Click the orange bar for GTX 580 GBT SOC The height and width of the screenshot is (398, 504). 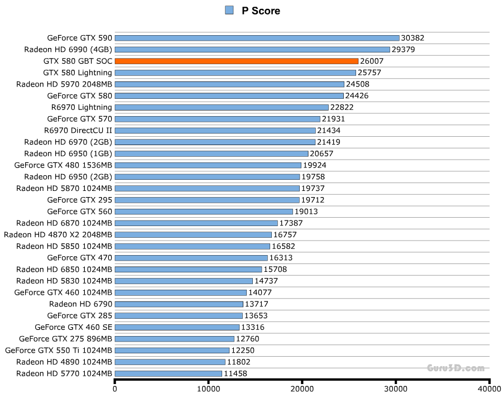click(236, 61)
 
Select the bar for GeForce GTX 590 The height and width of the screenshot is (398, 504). click(257, 38)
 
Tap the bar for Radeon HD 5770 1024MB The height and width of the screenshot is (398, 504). click(168, 373)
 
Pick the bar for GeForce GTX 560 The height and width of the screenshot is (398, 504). click(204, 212)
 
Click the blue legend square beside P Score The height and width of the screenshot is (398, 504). click(229, 10)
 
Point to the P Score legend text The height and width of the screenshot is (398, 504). click(261, 11)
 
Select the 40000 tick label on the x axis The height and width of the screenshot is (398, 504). click(489, 389)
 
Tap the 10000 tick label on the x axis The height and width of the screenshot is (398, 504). click(208, 389)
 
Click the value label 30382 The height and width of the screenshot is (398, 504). click(413, 38)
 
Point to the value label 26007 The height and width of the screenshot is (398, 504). click(372, 61)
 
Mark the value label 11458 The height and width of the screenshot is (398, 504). click(236, 373)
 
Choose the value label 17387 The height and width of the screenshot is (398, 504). click(291, 223)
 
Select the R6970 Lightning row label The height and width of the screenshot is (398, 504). click(81, 107)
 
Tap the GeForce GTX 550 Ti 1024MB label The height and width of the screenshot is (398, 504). click(59, 351)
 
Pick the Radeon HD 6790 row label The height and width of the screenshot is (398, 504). click(80, 304)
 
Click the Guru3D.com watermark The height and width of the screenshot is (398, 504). click(455, 368)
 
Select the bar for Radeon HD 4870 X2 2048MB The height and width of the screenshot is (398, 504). click(193, 235)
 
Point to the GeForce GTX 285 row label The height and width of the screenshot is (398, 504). click(80, 316)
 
